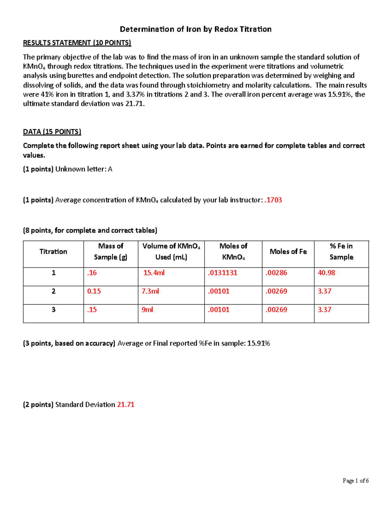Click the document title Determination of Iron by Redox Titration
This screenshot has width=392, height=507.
196,29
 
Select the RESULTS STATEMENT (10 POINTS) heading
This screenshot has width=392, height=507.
77,43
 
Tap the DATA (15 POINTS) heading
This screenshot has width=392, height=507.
52,132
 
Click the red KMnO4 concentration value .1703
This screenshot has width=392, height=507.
273,200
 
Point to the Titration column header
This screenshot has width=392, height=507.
53,251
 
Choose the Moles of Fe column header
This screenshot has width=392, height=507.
288,251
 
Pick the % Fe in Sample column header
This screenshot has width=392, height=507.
341,251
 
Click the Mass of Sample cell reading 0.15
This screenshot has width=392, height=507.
94,291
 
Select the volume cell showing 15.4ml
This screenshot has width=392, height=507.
154,273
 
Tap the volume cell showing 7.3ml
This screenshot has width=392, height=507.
150,291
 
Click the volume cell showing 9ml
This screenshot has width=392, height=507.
147,309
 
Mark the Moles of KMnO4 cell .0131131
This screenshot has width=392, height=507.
222,273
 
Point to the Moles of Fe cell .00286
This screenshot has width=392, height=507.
276,273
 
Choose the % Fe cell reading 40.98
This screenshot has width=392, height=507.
326,273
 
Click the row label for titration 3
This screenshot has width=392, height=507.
54,309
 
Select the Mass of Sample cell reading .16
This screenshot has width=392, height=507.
92,273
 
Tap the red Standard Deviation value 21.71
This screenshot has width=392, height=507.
126,404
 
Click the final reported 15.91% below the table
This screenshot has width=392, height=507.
258,343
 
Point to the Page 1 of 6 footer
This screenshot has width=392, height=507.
355,481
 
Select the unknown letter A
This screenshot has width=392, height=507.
110,169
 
